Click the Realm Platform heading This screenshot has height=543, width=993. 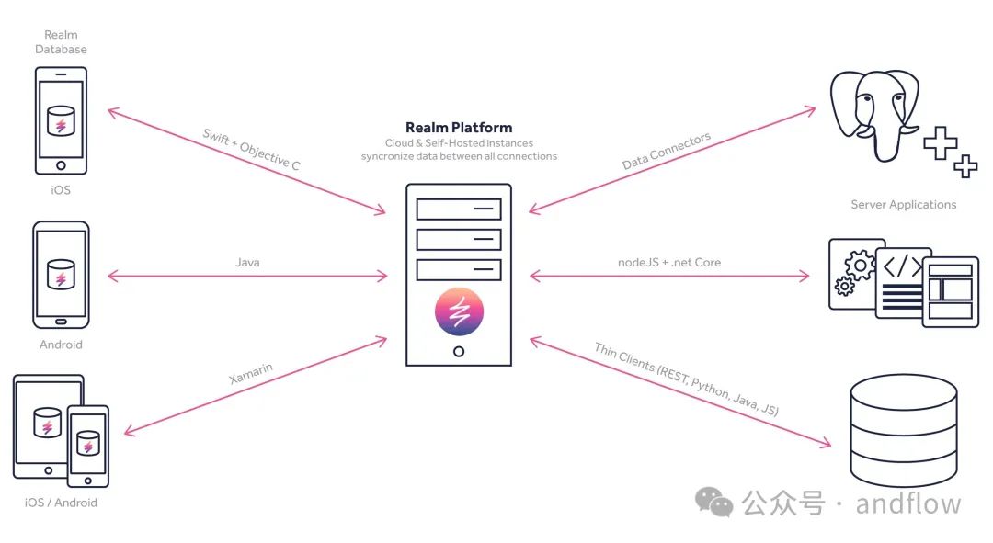tap(459, 128)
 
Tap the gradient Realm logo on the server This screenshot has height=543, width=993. tap(459, 311)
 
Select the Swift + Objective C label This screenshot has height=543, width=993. tap(251, 150)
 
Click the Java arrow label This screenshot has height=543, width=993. tap(247, 263)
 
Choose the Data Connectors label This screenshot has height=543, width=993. tap(667, 152)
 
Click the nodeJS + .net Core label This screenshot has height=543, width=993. tap(669, 263)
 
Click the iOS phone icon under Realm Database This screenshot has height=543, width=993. tap(62, 120)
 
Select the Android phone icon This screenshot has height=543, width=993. tap(62, 274)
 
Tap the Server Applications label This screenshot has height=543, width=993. tap(903, 205)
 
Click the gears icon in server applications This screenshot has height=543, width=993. tap(856, 273)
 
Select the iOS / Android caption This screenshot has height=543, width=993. tap(62, 503)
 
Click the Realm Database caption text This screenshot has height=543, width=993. tap(62, 42)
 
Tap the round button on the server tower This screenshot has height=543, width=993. tap(459, 352)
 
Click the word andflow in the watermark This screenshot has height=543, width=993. tap(907, 503)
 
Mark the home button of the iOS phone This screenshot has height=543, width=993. tap(62, 165)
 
